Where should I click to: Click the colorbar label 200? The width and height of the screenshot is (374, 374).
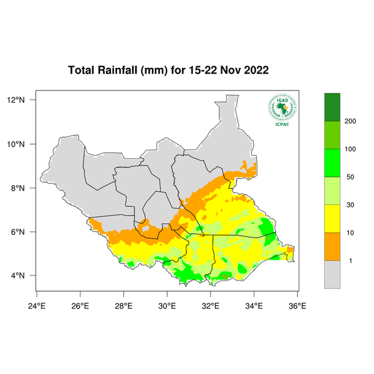click(x=350, y=121)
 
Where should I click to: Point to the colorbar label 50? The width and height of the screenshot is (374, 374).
click(x=350, y=177)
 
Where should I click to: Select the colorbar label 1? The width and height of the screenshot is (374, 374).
click(x=350, y=261)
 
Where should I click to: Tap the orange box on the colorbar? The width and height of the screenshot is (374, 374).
click(x=332, y=246)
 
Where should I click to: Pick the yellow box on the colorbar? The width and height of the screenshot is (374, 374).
click(x=332, y=218)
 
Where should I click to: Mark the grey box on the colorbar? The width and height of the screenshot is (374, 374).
click(x=332, y=274)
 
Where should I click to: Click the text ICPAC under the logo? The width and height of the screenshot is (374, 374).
click(x=282, y=123)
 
